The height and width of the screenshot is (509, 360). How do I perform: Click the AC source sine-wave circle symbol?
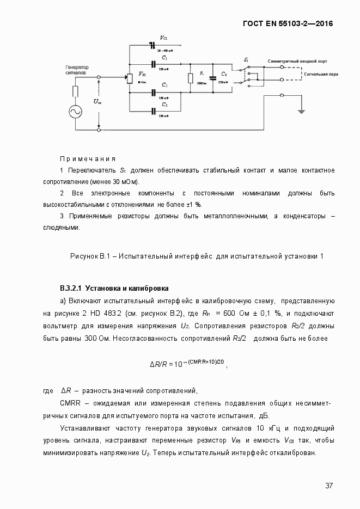(75, 111)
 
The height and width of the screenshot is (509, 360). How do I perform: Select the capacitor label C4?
(224, 72)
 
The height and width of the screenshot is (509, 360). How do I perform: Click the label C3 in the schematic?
(164, 104)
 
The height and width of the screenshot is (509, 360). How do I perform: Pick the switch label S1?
(247, 60)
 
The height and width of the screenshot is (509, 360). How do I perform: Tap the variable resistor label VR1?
(142, 74)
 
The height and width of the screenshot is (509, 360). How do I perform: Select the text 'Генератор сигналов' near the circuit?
(77, 70)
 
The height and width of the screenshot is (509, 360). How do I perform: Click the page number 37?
(329, 486)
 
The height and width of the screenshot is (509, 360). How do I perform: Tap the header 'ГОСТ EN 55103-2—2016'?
(288, 24)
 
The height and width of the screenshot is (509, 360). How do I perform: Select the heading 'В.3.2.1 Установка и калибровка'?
(114, 287)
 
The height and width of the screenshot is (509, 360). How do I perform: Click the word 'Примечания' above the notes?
(87, 159)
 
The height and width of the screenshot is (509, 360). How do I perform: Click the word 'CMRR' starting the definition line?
(70, 403)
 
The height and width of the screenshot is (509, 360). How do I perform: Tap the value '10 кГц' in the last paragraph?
(268, 428)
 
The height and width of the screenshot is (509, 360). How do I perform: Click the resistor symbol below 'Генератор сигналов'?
(75, 90)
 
